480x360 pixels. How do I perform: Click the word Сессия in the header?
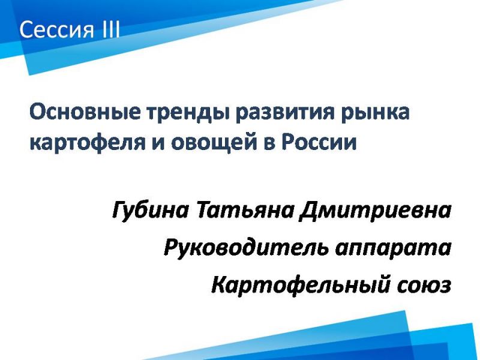point(56,30)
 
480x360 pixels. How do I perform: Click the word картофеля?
point(88,143)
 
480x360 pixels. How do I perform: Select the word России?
point(319,142)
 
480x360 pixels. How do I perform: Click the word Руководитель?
point(247,248)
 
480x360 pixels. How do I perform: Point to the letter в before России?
point(269,143)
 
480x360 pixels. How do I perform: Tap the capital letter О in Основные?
point(38,112)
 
